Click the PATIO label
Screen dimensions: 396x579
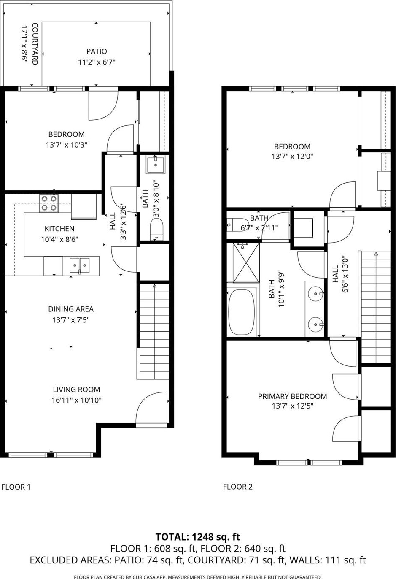point(97,51)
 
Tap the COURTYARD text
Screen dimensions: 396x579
point(35,44)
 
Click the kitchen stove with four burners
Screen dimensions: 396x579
point(49,203)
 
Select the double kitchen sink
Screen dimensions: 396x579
point(80,265)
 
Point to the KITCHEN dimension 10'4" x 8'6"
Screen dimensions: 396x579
point(59,239)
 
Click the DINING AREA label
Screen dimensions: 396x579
point(71,309)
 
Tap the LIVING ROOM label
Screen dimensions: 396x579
point(76,389)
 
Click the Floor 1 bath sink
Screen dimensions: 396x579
point(156,165)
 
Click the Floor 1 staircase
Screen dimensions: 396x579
point(154,332)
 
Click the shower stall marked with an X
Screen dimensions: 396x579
point(246,262)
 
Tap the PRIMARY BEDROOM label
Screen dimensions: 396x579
point(292,396)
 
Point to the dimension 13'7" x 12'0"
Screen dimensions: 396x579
point(292,157)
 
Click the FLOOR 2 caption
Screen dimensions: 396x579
point(238,487)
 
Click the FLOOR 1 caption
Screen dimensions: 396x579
point(16,487)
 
